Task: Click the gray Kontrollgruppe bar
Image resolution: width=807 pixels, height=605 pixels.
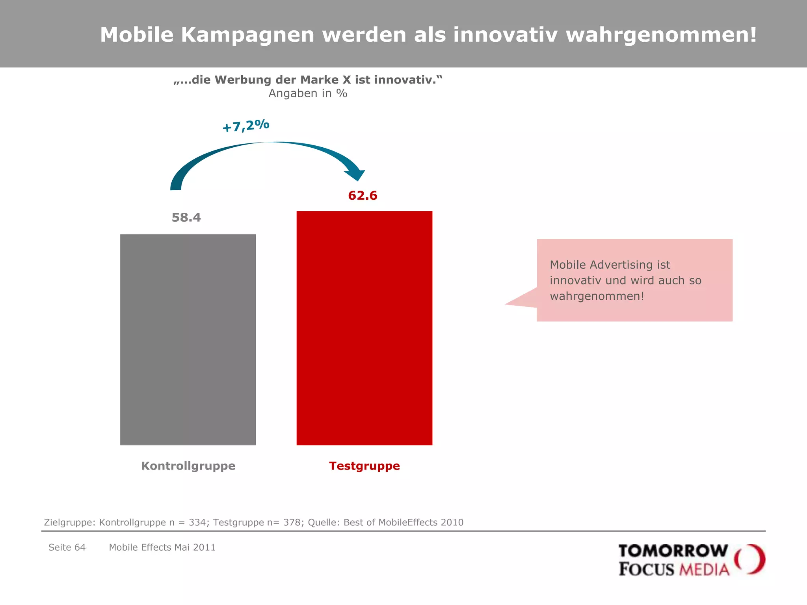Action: (x=188, y=340)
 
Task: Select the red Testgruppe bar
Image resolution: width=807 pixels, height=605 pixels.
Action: (x=364, y=328)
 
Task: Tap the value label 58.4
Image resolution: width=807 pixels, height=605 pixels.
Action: (x=186, y=217)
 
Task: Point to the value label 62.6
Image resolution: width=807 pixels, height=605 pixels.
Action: (x=363, y=195)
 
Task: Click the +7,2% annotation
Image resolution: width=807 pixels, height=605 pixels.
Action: (x=246, y=126)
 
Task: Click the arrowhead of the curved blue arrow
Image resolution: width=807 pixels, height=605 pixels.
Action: (x=356, y=174)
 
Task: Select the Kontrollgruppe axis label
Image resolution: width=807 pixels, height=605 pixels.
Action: (x=188, y=466)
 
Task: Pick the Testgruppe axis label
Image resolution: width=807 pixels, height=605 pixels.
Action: (x=364, y=466)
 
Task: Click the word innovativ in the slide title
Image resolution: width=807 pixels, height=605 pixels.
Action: (x=505, y=35)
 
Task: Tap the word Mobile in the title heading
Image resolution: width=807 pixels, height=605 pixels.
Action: (x=137, y=35)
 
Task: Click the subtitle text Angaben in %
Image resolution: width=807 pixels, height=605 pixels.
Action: (x=308, y=94)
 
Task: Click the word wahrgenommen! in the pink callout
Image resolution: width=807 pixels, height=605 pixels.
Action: (x=597, y=296)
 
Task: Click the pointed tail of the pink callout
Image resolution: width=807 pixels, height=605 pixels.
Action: (x=512, y=302)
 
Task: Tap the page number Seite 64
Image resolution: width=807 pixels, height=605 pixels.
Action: (x=67, y=547)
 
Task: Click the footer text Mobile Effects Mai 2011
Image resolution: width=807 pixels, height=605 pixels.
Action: (x=162, y=547)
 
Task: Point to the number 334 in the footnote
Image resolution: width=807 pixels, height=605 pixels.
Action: (x=197, y=522)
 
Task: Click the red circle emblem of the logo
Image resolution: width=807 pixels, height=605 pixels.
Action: (x=749, y=559)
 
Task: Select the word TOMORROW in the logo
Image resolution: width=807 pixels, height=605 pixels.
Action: (x=673, y=551)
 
